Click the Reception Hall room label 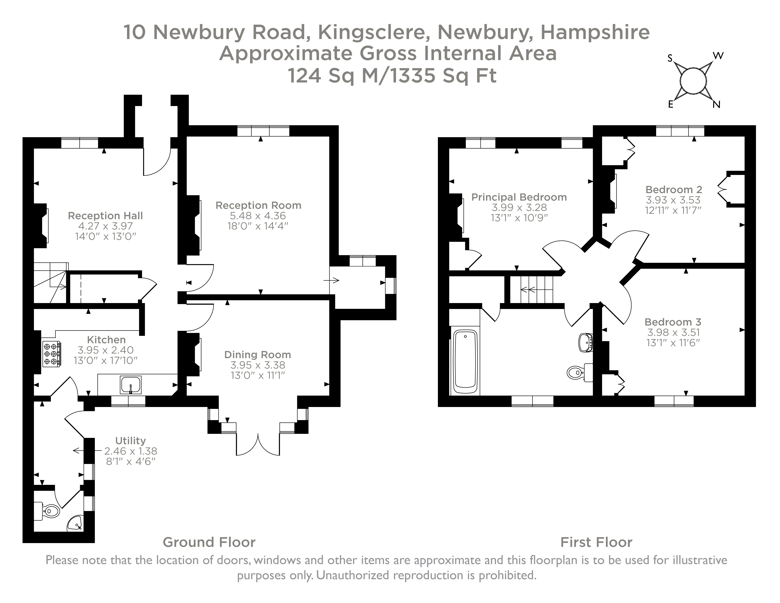[x=105, y=216]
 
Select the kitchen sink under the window [x=131, y=385]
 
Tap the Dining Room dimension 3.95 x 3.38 [x=258, y=365]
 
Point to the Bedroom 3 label [x=673, y=322]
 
